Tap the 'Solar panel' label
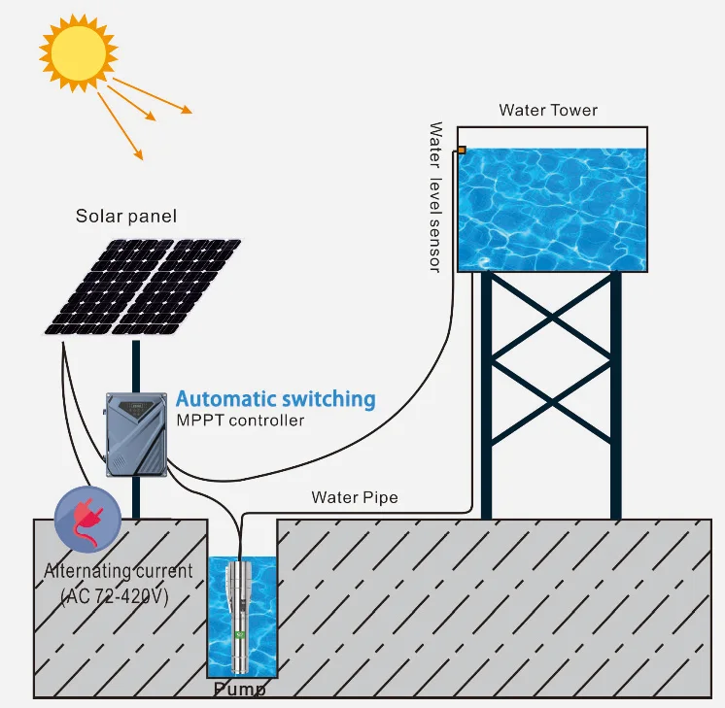tap(126, 216)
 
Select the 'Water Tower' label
tap(548, 110)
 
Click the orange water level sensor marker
tap(461, 151)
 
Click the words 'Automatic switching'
tap(275, 399)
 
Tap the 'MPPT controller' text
tap(240, 421)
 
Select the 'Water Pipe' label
tap(354, 497)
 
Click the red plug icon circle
tap(87, 519)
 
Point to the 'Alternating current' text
tap(118, 570)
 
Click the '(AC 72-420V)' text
tap(115, 595)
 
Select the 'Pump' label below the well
tap(239, 690)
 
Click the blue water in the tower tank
tap(552, 209)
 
